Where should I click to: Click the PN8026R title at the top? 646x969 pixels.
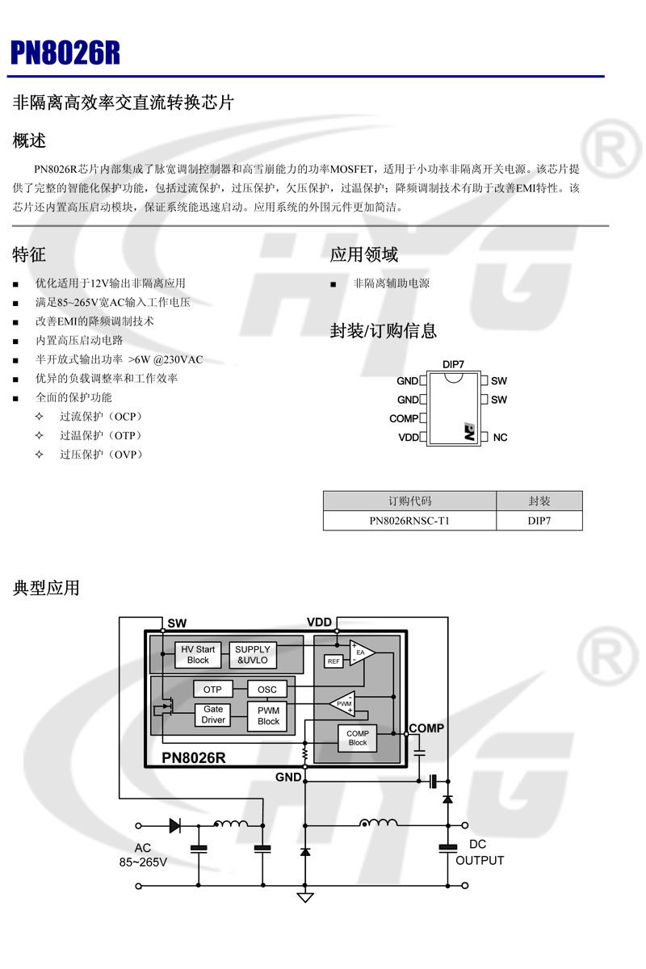click(x=65, y=52)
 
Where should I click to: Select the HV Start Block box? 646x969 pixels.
click(x=198, y=655)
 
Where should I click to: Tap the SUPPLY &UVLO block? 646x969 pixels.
click(x=253, y=655)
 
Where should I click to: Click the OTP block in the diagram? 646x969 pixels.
click(x=212, y=690)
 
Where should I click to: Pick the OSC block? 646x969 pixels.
click(x=266, y=690)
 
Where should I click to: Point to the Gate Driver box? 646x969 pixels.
click(x=213, y=715)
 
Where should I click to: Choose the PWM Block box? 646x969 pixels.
click(x=268, y=715)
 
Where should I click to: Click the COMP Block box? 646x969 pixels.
click(x=357, y=738)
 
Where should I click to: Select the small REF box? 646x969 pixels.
click(x=333, y=661)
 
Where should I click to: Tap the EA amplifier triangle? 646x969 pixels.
click(x=360, y=652)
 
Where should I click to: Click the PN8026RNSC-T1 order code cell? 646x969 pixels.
click(x=409, y=521)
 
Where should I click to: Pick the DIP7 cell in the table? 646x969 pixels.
click(x=539, y=521)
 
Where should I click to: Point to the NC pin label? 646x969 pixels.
click(x=500, y=438)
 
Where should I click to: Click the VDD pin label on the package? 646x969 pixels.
click(x=408, y=438)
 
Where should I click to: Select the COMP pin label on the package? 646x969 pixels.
click(x=404, y=418)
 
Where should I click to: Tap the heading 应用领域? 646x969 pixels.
click(x=363, y=255)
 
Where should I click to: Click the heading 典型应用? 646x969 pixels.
click(x=46, y=588)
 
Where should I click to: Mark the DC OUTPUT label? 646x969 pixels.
click(x=480, y=853)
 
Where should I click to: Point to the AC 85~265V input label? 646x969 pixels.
click(x=143, y=855)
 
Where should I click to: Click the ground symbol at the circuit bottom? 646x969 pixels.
click(x=304, y=897)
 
